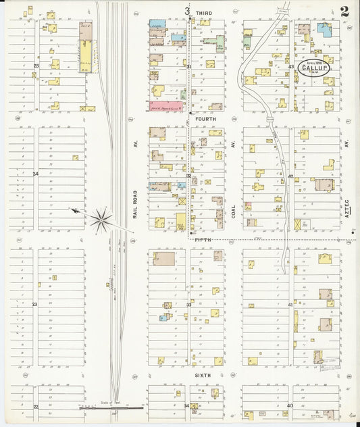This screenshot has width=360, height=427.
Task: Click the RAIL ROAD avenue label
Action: click(135, 203)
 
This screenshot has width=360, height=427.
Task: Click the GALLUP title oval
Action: click(312, 68)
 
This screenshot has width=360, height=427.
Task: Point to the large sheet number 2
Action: click(344, 11)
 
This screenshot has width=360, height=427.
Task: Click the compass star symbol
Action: click(101, 218)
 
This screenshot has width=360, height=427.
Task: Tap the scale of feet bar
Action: click(111, 407)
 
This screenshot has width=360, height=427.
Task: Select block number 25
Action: click(36, 66)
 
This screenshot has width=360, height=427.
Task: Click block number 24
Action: click(34, 174)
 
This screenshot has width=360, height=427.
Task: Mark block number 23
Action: click(34, 305)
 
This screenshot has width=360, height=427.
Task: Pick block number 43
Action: click(291, 66)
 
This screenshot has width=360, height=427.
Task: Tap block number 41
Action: click(290, 305)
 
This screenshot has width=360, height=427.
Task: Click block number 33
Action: click(189, 305)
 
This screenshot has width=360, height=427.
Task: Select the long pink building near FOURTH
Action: click(167, 105)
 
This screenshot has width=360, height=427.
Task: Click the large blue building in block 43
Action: click(325, 30)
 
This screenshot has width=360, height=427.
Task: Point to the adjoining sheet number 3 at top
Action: click(186, 11)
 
